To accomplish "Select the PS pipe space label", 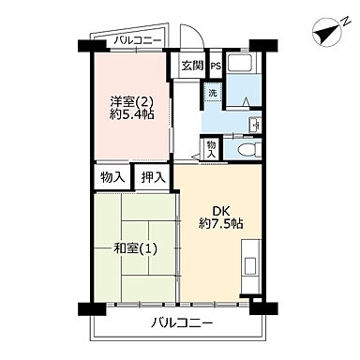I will click(215, 66).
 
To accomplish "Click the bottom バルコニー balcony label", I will click(178, 324).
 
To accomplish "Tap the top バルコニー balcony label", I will click(137, 40).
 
